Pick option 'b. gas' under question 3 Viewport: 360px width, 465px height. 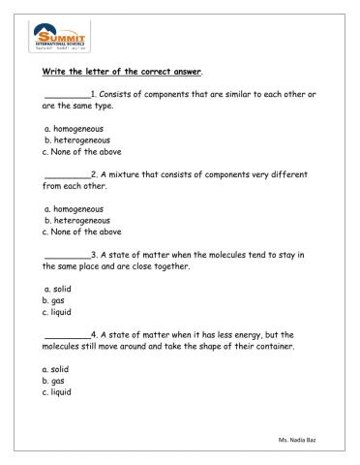pos(54,300)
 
